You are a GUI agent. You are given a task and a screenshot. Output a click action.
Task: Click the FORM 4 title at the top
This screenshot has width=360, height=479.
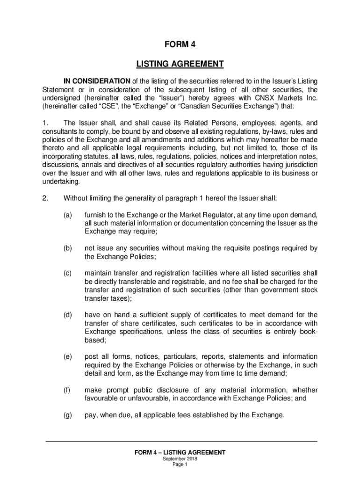(180, 45)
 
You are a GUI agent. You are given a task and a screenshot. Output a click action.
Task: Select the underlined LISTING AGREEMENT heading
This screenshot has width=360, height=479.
(180, 64)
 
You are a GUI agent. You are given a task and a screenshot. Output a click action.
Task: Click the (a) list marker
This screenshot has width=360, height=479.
(68, 215)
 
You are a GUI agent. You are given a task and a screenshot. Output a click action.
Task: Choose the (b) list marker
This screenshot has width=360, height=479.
(68, 248)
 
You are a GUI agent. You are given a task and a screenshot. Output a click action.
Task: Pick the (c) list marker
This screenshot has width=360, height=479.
(68, 273)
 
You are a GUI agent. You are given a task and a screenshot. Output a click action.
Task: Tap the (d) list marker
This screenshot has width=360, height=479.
(68, 315)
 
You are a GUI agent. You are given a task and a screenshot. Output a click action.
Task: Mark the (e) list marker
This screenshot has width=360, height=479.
(68, 357)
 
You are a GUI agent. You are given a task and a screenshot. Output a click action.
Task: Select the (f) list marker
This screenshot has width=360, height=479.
(68, 390)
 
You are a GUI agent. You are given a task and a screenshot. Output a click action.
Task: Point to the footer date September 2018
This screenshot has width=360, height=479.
(180, 459)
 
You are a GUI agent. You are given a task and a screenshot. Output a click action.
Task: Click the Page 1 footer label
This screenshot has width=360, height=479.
(180, 464)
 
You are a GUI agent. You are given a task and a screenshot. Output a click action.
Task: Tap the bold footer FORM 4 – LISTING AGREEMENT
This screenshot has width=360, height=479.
(180, 452)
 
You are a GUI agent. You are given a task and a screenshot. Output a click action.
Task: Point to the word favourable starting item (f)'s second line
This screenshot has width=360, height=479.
(102, 399)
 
